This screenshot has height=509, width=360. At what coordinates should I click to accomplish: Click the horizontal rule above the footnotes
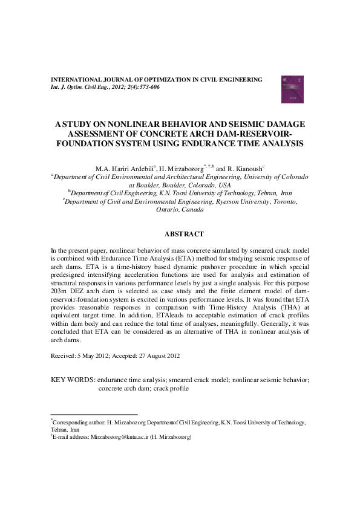(94, 415)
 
